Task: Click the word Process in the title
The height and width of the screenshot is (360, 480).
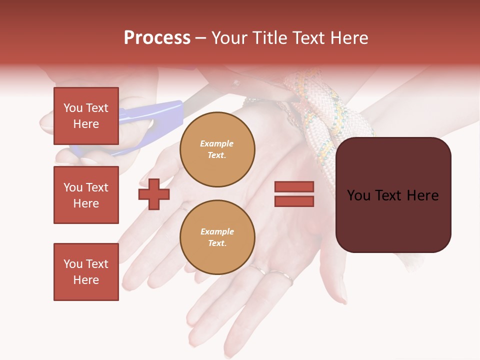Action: click(x=157, y=38)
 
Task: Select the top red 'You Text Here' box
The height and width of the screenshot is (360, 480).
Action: click(x=86, y=116)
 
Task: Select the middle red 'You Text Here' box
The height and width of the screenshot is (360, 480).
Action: click(x=86, y=195)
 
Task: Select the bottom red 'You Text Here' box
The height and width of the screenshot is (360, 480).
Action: click(x=86, y=272)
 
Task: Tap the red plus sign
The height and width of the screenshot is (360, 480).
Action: click(x=154, y=194)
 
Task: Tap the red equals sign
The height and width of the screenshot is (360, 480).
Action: click(x=294, y=194)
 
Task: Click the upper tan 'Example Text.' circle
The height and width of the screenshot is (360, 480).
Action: click(x=217, y=149)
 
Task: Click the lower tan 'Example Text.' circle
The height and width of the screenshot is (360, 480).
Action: click(x=217, y=237)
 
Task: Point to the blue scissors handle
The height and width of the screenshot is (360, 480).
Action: click(x=150, y=120)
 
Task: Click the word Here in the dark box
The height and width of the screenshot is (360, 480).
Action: click(x=422, y=195)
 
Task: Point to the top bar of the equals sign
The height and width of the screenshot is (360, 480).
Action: click(x=294, y=187)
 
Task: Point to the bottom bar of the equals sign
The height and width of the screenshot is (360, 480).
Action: click(x=294, y=201)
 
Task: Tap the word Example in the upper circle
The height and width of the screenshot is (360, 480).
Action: click(x=217, y=143)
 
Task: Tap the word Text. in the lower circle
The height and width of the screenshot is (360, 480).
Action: click(x=217, y=243)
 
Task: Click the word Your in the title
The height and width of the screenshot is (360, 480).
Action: click(x=229, y=38)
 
